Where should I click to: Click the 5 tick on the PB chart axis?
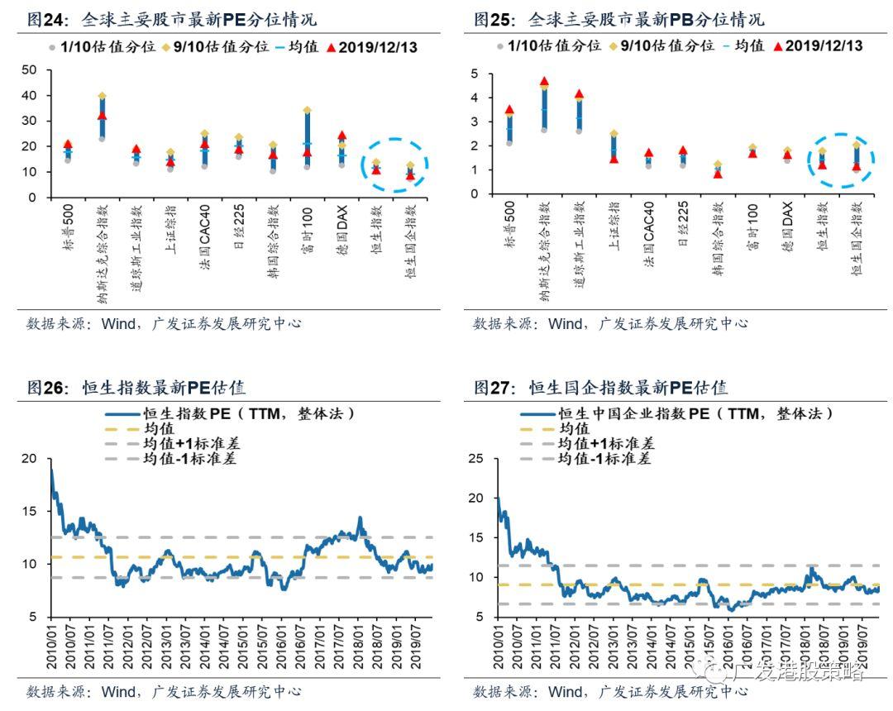pyautogui.click(x=475, y=74)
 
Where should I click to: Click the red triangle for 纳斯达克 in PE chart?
pyautogui.click(x=103, y=115)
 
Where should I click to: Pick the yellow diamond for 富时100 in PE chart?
pyautogui.click(x=307, y=110)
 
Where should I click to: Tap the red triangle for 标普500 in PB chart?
pyautogui.click(x=509, y=109)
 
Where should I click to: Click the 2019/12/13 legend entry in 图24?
pyautogui.click(x=373, y=47)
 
